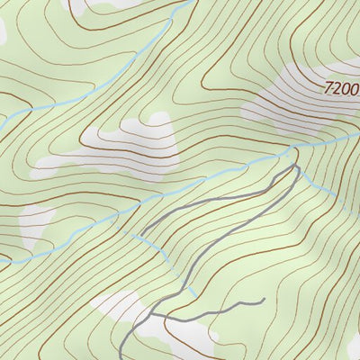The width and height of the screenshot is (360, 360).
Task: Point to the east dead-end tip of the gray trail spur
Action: (264, 299)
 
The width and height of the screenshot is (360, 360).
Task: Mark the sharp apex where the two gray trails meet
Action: (293, 167)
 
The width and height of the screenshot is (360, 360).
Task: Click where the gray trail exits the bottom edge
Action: (120, 358)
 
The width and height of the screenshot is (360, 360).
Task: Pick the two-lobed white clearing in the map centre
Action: (144, 144)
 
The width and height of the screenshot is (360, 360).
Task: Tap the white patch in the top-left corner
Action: (4, 27)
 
